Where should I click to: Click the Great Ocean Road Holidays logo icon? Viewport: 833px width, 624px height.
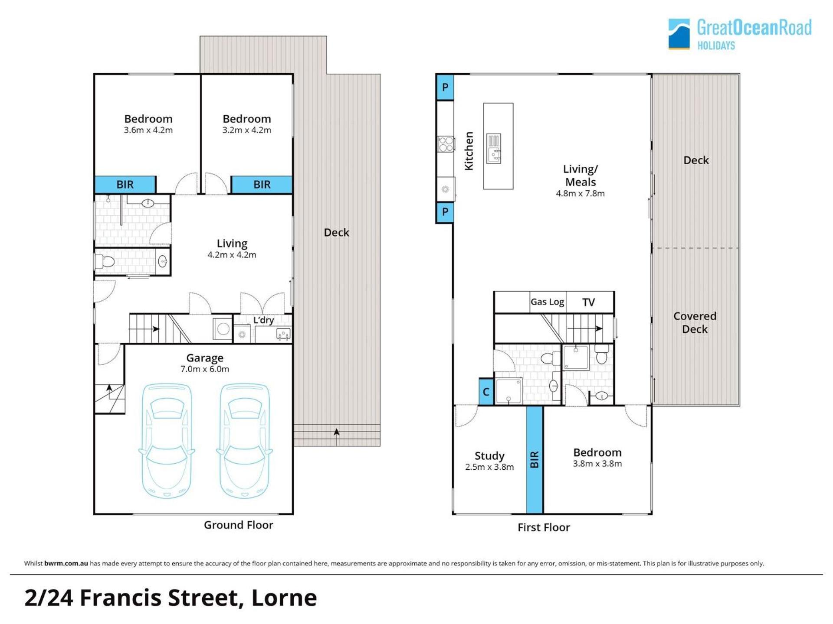[x=679, y=34]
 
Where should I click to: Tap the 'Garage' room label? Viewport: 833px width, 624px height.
[x=205, y=358]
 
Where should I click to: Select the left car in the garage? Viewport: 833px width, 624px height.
[x=167, y=440]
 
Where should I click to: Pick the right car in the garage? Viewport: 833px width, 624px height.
[x=245, y=440]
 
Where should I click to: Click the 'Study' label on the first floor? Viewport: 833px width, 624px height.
[x=489, y=456]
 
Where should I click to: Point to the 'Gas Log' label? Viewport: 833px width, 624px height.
[x=548, y=302]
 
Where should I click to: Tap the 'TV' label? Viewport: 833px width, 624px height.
[x=588, y=302]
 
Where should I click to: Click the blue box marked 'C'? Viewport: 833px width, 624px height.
[x=486, y=392]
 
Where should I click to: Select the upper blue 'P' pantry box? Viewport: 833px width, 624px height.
[x=445, y=87]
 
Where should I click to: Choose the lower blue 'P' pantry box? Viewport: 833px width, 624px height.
[x=445, y=212]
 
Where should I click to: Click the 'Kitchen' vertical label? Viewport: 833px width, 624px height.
[x=469, y=151]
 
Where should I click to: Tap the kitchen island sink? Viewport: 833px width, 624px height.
[x=494, y=149]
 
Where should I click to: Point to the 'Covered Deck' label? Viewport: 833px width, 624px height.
[x=695, y=322]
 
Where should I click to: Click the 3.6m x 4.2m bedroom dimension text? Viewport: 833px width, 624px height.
[x=148, y=130]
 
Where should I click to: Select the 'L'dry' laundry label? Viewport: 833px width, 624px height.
[x=263, y=320]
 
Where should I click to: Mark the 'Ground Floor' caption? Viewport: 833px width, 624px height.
[x=239, y=525]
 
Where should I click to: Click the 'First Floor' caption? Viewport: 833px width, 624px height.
[x=544, y=527]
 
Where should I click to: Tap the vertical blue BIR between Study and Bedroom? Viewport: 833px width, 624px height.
[x=535, y=459]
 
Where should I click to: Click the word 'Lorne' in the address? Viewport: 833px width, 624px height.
[x=284, y=598]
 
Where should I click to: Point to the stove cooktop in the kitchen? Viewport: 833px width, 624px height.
[x=446, y=144]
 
